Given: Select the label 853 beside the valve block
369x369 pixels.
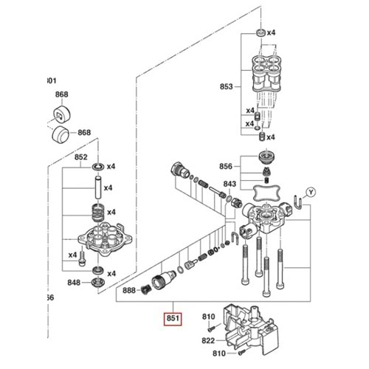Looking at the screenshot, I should click(226, 86).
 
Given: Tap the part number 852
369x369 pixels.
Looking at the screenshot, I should click(81, 158).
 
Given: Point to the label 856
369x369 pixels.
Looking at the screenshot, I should click(226, 167).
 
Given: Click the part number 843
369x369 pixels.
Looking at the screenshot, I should click(230, 184).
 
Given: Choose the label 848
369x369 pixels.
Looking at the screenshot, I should click(74, 283).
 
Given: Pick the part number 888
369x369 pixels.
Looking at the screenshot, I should click(128, 290).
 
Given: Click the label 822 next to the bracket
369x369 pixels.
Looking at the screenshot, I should click(208, 342).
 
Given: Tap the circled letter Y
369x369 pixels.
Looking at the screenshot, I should click(311, 191).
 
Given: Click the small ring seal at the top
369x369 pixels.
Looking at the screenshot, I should click(259, 33).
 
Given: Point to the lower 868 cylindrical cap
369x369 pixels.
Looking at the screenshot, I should click(62, 137).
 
